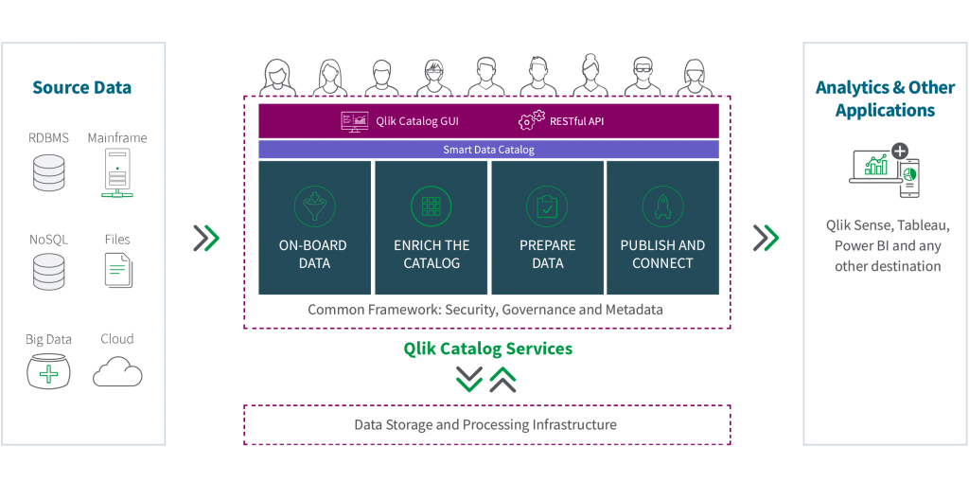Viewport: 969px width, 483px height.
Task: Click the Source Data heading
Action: tap(81, 88)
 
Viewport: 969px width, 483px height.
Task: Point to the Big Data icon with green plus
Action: tap(48, 371)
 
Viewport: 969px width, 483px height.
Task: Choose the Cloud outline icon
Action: tap(117, 372)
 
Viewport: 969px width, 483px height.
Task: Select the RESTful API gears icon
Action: tap(531, 121)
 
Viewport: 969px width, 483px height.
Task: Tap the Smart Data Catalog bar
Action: tap(488, 150)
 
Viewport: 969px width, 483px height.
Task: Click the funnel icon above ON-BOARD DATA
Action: tap(314, 205)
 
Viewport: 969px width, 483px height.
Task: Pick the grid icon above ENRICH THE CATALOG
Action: tap(431, 205)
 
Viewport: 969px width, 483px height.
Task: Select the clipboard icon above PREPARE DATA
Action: tap(547, 205)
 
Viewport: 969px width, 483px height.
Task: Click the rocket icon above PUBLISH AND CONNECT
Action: tap(662, 205)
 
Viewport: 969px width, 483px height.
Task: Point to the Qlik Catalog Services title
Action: tap(487, 349)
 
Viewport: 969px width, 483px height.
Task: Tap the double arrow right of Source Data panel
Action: tap(206, 239)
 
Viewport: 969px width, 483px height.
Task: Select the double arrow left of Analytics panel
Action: tap(766, 239)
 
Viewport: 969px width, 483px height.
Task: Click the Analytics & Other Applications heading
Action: tap(885, 98)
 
